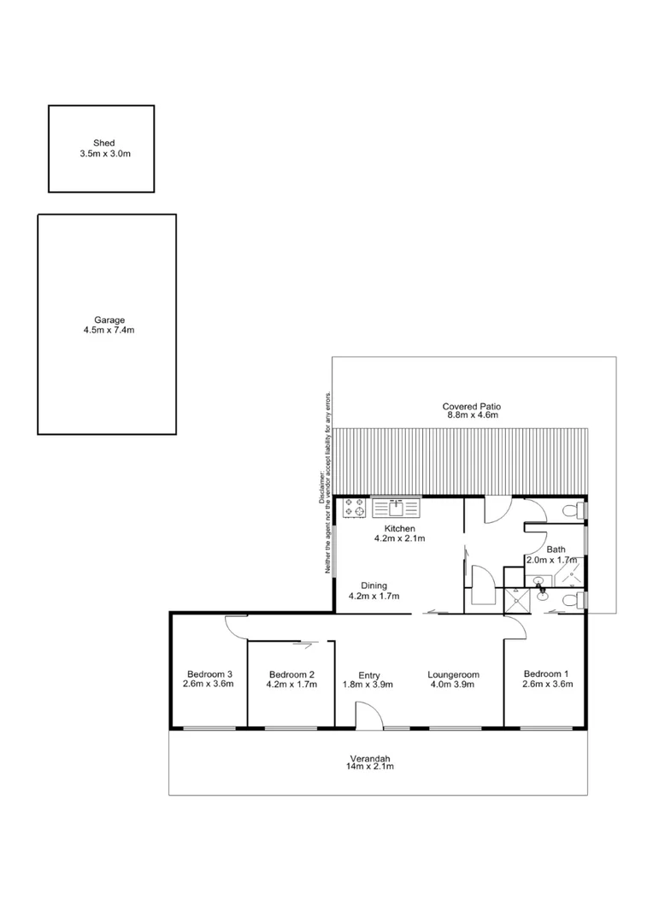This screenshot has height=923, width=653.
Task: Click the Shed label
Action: tap(103, 143)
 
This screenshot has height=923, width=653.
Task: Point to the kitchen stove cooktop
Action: tap(355, 509)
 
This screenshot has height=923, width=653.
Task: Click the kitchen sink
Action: tap(396, 509)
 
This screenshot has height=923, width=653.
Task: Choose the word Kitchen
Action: tap(399, 529)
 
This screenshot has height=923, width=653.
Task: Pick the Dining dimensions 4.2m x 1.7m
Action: tap(374, 596)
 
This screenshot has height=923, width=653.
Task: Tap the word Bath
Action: tap(556, 550)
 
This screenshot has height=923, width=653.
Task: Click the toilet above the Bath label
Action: tap(572, 511)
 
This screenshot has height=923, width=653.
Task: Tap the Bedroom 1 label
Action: tap(548, 673)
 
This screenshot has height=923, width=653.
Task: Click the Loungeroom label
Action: tap(453, 674)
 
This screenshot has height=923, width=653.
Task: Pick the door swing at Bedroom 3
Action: tap(234, 626)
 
